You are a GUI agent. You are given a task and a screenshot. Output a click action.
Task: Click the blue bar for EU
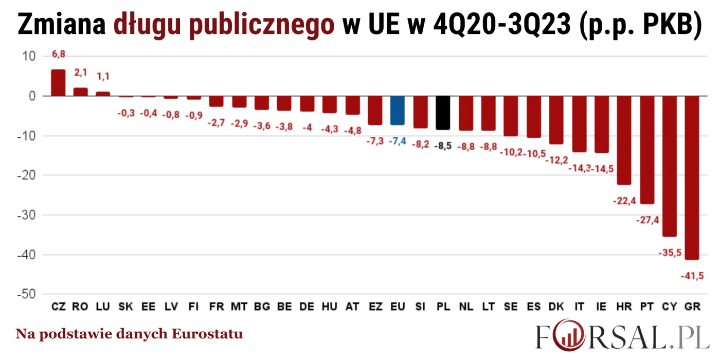click(397, 111)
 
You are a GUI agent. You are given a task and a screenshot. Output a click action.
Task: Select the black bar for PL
click(443, 113)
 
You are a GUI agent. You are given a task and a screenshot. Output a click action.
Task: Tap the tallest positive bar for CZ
click(58, 83)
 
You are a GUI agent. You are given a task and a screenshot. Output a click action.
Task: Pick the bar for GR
click(692, 177)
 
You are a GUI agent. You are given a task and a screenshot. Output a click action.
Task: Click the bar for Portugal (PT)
click(646, 150)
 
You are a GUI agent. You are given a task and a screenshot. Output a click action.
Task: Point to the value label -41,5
click(692, 276)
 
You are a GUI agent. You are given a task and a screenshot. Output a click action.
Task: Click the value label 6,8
click(59, 54)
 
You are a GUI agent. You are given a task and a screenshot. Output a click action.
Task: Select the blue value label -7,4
click(398, 141)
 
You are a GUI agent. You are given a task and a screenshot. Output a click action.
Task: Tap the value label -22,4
click(624, 201)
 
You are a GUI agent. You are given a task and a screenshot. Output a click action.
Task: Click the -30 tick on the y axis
click(26, 215)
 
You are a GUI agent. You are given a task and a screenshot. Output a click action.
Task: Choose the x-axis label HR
click(624, 307)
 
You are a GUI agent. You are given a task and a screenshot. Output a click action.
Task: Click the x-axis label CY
click(669, 307)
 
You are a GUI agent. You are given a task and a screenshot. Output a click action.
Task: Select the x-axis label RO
click(80, 307)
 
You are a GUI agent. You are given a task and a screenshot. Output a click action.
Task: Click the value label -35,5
click(669, 253)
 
